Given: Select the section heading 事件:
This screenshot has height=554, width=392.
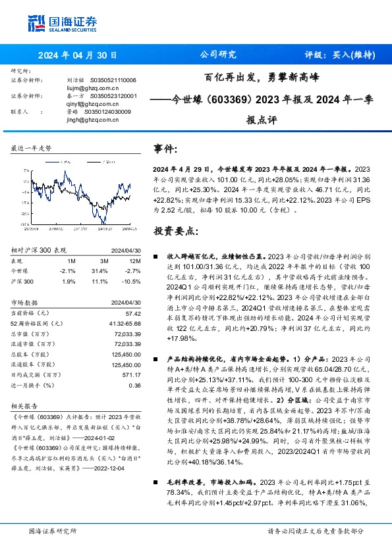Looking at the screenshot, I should tap(165, 149).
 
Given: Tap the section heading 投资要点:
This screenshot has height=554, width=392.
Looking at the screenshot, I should tap(176, 231).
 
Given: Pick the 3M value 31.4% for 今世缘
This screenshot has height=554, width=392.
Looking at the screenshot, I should tap(99, 270).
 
